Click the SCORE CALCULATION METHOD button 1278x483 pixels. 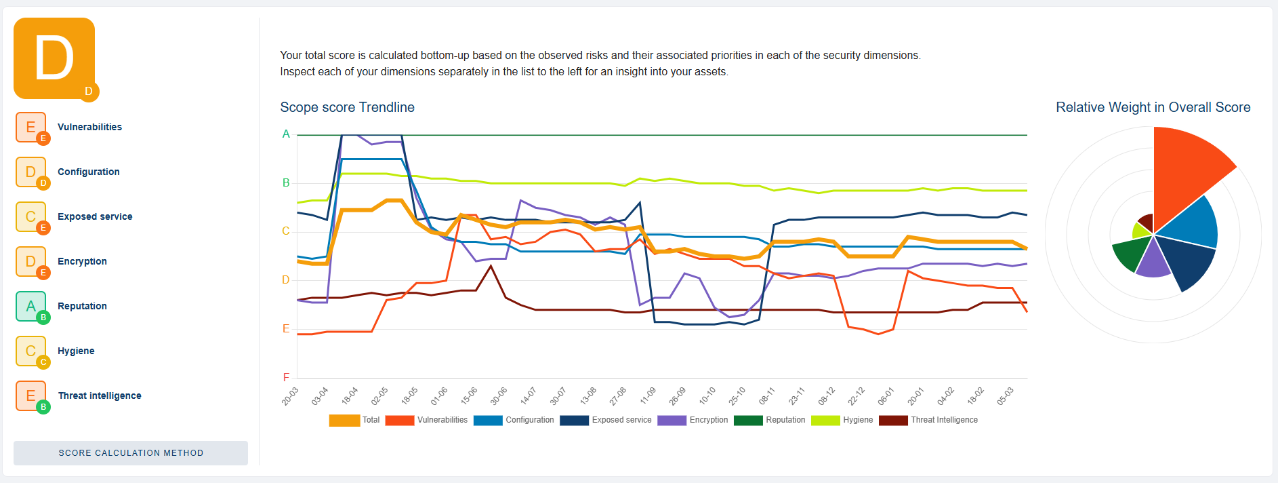pos(131,453)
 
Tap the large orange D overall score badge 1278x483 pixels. pos(54,58)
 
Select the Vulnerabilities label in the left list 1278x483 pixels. pos(89,127)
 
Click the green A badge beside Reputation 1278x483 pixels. pos(31,307)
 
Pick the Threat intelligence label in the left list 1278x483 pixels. pos(100,395)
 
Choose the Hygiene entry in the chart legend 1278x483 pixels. pos(842,420)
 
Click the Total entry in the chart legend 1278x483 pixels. pos(354,420)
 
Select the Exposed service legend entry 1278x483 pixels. pos(606,420)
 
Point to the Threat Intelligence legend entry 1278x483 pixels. pos(929,420)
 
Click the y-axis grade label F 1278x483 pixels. pos(286,377)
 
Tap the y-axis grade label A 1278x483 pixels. pos(286,134)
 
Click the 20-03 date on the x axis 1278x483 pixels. pos(291,396)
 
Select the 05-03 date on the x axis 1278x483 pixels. pos(1006,396)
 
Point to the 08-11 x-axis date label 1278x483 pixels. pos(767,396)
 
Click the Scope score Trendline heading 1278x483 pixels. pos(347,107)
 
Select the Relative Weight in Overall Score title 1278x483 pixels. pos(1153,107)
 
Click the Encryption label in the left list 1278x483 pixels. pos(82,261)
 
